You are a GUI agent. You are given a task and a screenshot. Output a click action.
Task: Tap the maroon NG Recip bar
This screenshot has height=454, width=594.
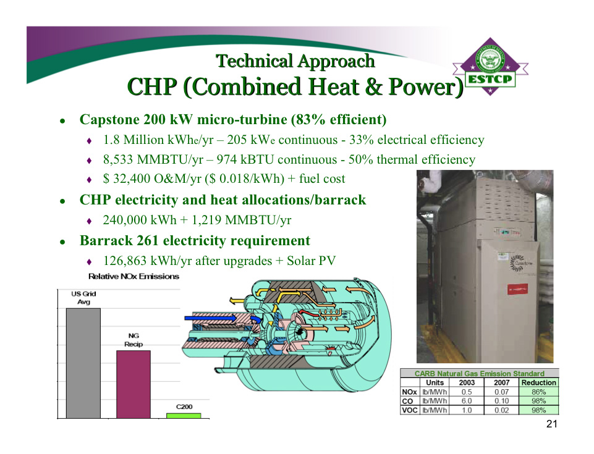click(x=134, y=384)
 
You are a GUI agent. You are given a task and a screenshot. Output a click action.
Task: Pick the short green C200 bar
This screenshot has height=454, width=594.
click(x=184, y=416)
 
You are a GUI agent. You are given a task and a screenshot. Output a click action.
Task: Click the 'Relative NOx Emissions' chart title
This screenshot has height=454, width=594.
click(x=134, y=276)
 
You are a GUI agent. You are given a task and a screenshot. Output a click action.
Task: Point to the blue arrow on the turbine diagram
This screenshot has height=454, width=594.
click(x=211, y=318)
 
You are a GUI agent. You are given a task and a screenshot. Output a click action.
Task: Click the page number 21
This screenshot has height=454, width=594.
click(x=552, y=424)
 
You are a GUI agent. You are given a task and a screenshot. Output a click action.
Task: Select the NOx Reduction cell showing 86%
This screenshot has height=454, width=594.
click(x=539, y=392)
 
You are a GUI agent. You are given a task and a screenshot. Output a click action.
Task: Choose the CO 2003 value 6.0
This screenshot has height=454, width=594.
click(x=467, y=401)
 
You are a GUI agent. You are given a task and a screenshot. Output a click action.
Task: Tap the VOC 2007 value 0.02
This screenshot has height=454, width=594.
click(x=501, y=410)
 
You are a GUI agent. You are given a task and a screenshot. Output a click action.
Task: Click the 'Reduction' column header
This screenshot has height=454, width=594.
click(x=539, y=382)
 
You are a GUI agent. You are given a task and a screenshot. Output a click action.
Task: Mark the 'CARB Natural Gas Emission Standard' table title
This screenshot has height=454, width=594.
click(x=479, y=373)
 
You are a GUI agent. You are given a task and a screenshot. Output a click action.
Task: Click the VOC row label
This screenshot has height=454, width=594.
click(x=409, y=410)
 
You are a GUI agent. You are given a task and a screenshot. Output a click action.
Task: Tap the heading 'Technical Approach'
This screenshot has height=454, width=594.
click(x=295, y=61)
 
